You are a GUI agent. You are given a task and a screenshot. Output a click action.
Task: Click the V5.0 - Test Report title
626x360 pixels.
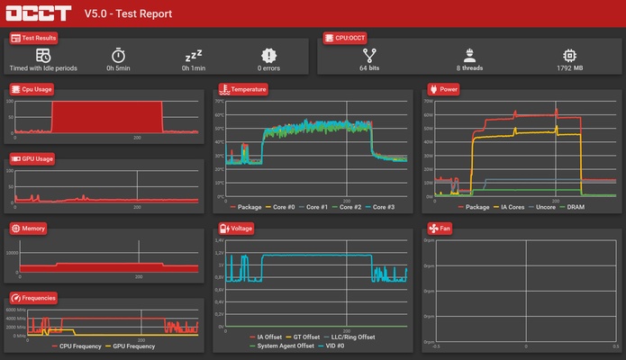[128, 14]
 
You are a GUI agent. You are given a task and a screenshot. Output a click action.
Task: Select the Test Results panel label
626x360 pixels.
[34, 39]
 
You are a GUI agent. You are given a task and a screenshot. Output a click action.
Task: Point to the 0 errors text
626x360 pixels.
[269, 68]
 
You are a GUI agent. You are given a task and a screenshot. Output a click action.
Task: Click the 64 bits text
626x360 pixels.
[369, 68]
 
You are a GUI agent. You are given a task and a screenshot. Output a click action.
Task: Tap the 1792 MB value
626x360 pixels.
[569, 68]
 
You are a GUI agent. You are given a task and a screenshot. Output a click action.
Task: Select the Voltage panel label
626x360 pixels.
[239, 229]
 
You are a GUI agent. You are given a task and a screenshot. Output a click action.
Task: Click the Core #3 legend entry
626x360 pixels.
[379, 207]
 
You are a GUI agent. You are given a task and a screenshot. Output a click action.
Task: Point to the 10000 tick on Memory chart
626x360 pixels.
[13, 253]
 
